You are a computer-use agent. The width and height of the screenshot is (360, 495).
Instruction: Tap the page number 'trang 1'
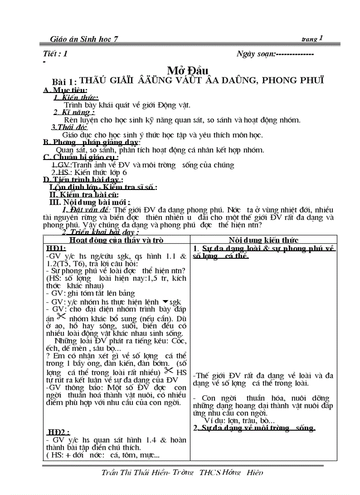coord(312,39)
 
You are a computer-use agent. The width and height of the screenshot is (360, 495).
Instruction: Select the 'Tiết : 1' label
coord(56,54)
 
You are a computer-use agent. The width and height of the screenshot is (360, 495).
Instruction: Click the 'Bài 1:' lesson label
coord(64,82)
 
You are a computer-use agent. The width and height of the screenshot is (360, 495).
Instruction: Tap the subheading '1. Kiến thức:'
coord(76,97)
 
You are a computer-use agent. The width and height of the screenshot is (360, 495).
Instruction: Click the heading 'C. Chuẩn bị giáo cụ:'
coord(81,157)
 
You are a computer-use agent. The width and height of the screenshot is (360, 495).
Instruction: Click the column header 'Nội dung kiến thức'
coord(263,240)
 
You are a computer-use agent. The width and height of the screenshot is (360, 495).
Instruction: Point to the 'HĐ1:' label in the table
coord(56,248)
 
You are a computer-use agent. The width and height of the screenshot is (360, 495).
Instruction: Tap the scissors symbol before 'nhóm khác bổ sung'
coord(61,316)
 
